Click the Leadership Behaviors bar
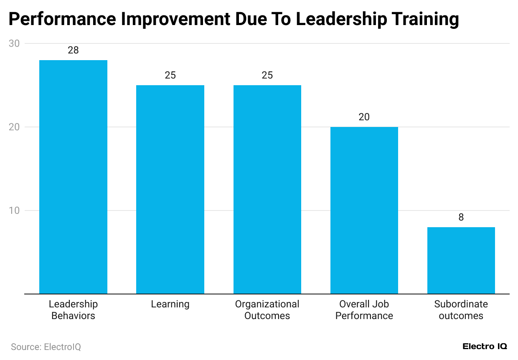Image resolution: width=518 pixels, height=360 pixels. coord(73,177)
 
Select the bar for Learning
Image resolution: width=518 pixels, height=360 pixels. coord(170,189)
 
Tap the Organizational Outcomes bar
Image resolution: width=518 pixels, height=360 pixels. coord(267,189)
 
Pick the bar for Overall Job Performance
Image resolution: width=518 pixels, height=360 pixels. coord(364,210)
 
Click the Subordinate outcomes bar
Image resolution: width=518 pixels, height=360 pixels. coord(461,260)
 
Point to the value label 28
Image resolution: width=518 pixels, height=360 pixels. coord(73,50)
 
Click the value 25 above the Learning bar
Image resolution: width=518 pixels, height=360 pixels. coord(170,75)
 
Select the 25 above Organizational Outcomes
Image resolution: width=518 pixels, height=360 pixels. coord(267,75)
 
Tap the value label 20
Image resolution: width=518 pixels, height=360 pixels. coord(364,117)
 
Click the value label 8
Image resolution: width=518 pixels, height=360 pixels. coord(461,217)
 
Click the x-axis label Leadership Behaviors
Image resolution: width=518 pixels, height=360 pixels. coord(73,310)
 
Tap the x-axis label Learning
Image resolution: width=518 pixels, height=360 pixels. coord(170,304)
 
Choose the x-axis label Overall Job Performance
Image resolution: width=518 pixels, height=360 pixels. coord(364,310)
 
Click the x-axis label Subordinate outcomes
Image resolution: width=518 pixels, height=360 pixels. coord(461,310)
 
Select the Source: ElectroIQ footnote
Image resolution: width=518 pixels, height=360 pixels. coord(46,347)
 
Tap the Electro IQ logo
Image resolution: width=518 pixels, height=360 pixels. coord(485,346)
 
